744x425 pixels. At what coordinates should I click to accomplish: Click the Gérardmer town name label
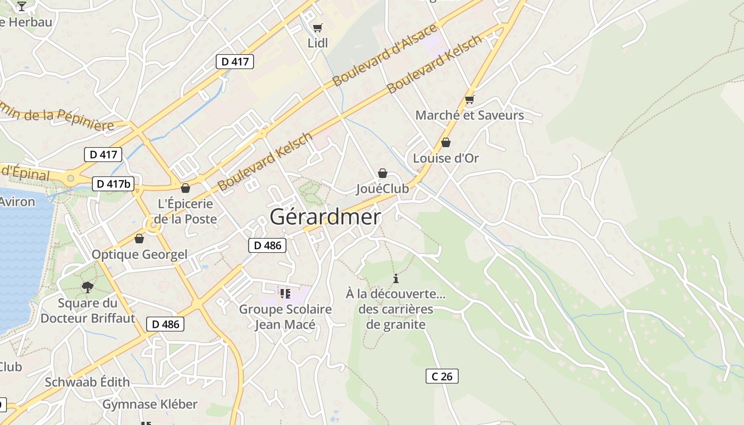pyautogui.click(x=325, y=217)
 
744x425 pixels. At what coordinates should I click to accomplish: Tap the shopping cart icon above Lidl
pyautogui.click(x=317, y=28)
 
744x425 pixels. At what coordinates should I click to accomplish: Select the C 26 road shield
pyautogui.click(x=442, y=376)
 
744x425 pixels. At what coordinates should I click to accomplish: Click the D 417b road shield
pyautogui.click(x=113, y=184)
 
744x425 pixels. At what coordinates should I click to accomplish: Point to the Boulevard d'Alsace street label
pyautogui.click(x=385, y=55)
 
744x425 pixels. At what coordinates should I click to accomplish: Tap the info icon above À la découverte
pyautogui.click(x=395, y=278)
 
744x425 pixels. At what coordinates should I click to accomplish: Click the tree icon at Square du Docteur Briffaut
pyautogui.click(x=87, y=287)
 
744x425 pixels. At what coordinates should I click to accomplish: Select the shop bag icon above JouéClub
pyautogui.click(x=382, y=173)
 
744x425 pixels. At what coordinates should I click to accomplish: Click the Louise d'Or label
pyautogui.click(x=446, y=158)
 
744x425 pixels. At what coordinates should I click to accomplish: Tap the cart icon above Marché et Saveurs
pyautogui.click(x=469, y=99)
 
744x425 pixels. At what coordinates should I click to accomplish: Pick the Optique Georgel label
pyautogui.click(x=139, y=254)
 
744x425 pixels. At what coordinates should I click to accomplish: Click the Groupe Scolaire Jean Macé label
pyautogui.click(x=285, y=317)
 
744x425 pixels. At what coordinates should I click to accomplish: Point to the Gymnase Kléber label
pyautogui.click(x=150, y=404)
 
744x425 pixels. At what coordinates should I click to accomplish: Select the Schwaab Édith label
pyautogui.click(x=87, y=382)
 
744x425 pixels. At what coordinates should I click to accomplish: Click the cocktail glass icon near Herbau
pyautogui.click(x=21, y=6)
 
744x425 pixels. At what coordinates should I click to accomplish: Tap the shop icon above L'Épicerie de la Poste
pyautogui.click(x=185, y=188)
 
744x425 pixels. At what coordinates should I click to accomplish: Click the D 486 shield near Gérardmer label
pyautogui.click(x=267, y=245)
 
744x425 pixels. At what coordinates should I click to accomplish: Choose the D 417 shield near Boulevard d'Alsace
pyautogui.click(x=234, y=61)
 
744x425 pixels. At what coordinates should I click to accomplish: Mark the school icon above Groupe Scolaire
pyautogui.click(x=285, y=293)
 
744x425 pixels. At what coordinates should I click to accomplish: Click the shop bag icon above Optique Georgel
pyautogui.click(x=139, y=239)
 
